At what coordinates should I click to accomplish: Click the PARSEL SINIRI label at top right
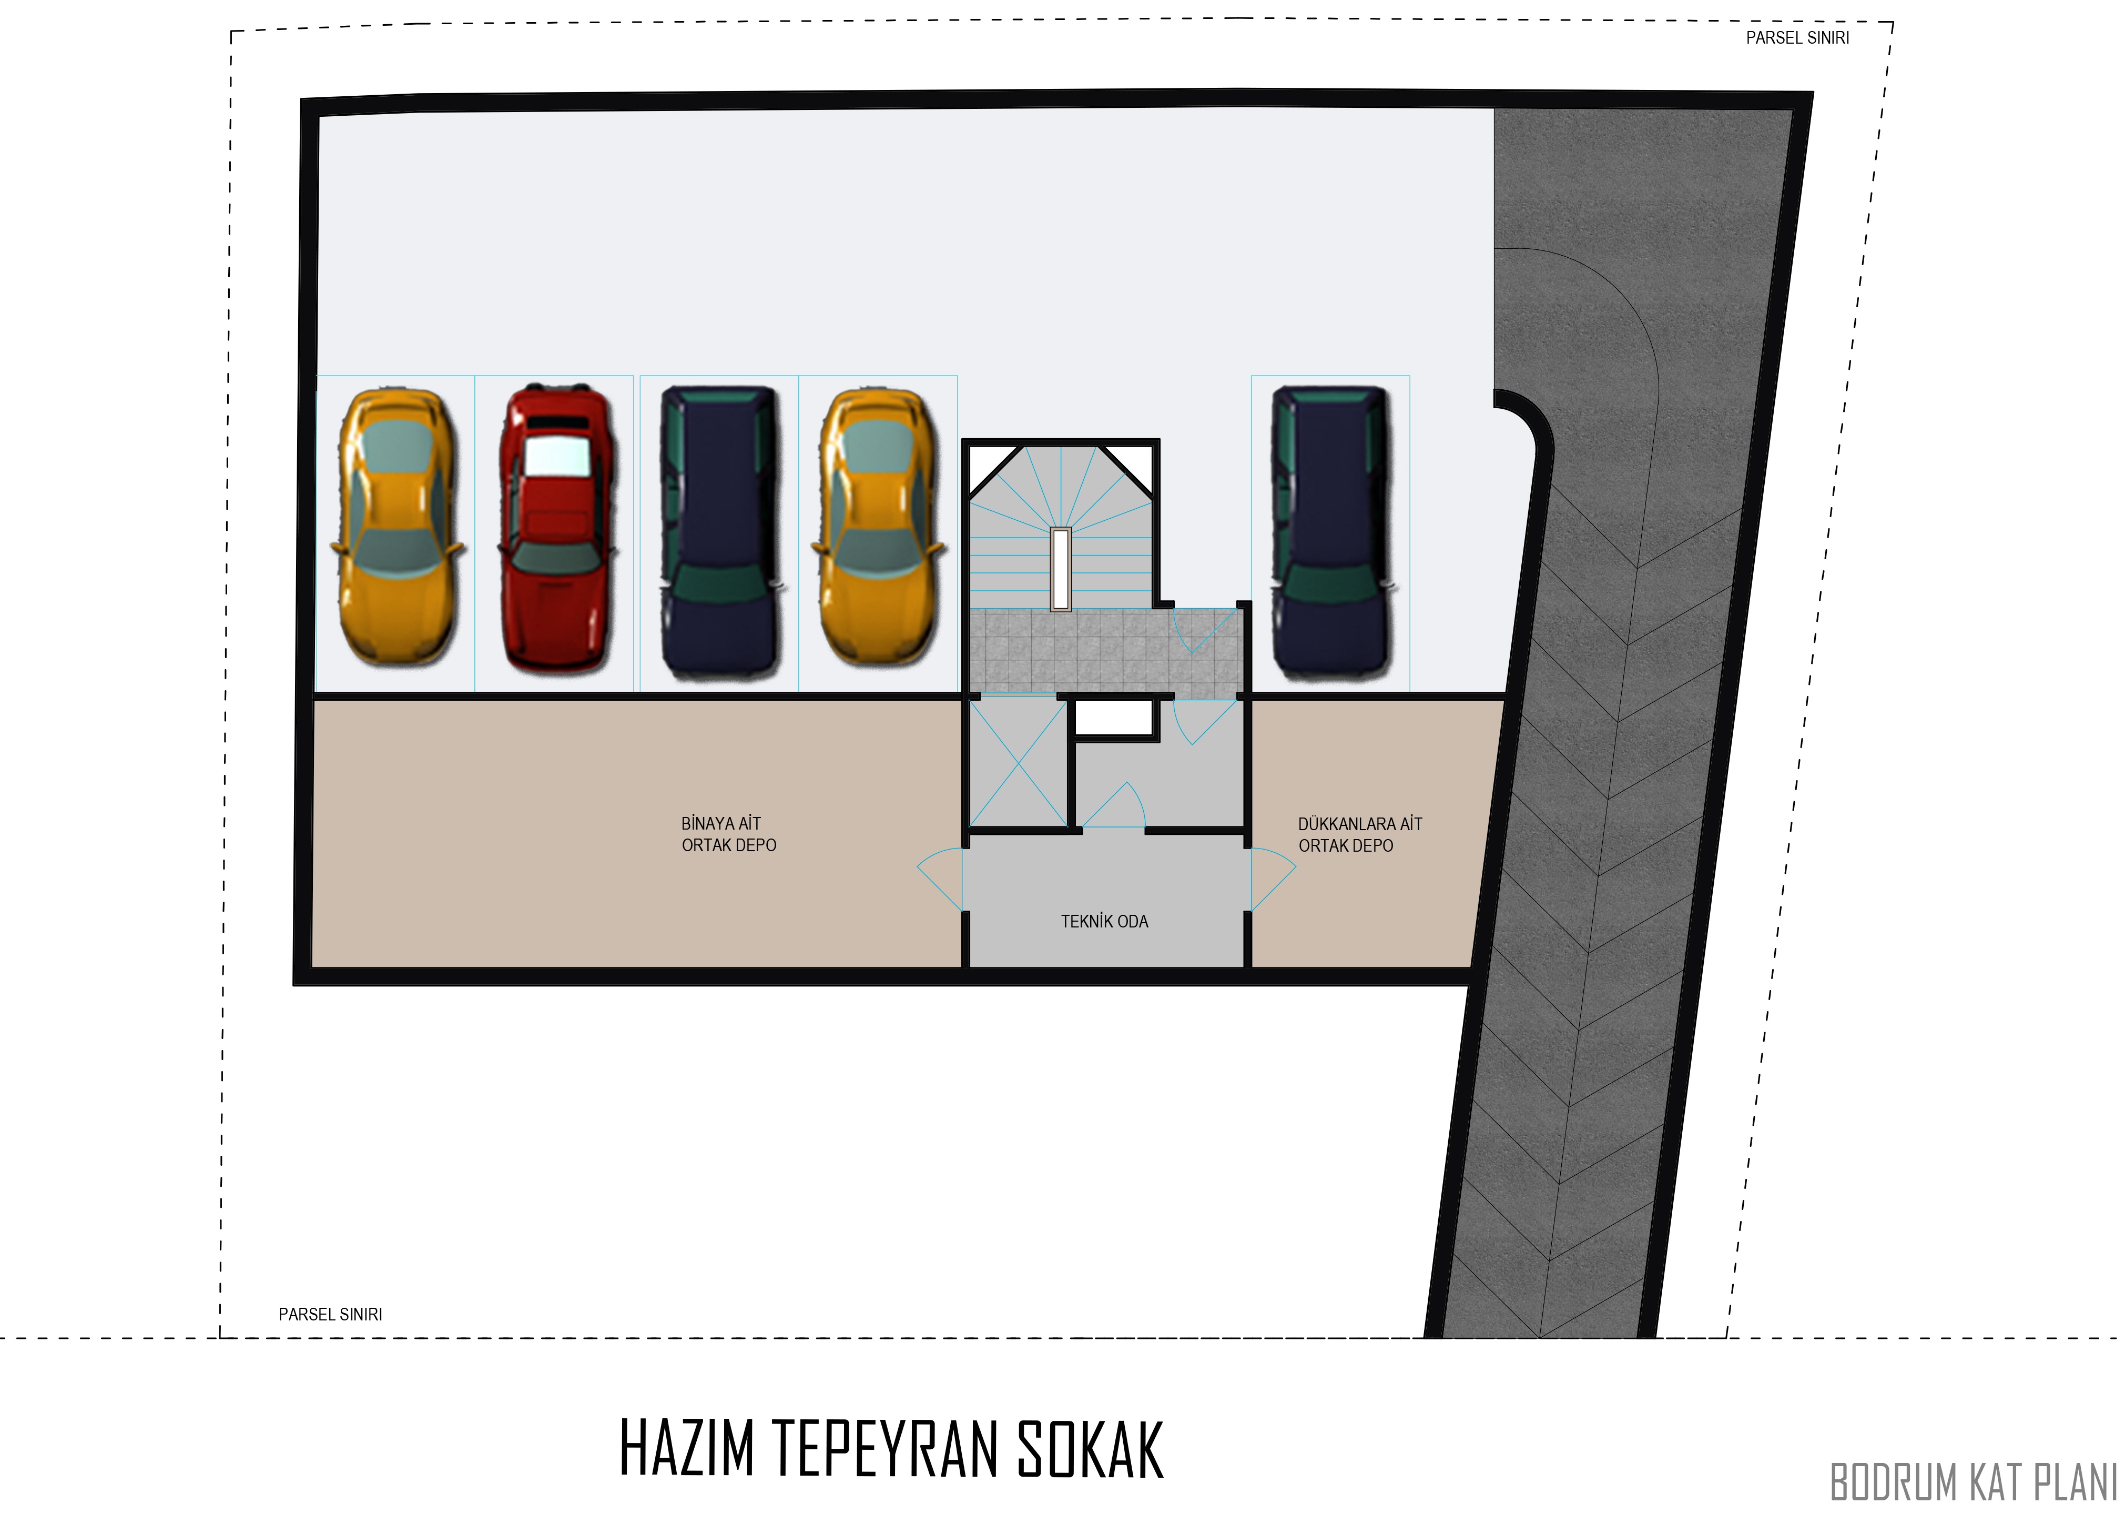[x=1797, y=38]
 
